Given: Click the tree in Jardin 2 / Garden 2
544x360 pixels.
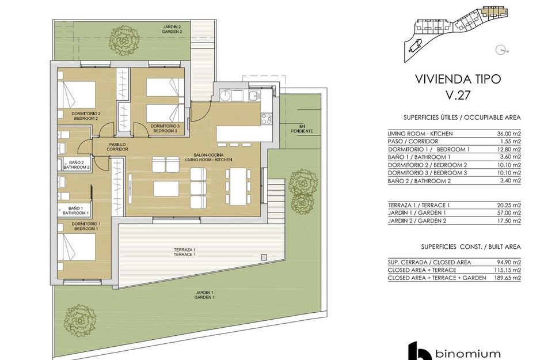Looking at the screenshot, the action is click(124, 40).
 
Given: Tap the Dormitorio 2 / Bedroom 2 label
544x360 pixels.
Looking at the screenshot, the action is click(86, 116).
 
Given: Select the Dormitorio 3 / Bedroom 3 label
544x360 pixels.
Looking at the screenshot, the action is click(165, 128).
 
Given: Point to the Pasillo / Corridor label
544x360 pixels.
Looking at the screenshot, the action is click(117, 147).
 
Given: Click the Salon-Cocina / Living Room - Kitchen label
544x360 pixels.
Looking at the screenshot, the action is click(208, 157).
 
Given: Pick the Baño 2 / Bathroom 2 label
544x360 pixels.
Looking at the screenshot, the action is click(77, 165).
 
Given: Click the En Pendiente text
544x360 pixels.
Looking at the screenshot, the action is click(302, 128).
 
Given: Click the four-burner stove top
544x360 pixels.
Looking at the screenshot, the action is click(267, 119).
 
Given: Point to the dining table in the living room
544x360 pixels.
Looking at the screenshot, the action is click(238, 187).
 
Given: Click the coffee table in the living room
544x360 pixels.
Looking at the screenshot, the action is click(166, 189).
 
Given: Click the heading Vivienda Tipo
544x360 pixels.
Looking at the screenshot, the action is click(458, 79).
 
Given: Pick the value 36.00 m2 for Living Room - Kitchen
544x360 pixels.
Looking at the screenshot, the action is click(509, 134).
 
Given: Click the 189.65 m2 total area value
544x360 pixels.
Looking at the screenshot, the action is click(508, 278).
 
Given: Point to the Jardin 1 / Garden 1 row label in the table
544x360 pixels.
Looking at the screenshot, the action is click(417, 213).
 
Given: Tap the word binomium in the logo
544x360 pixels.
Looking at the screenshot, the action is click(468, 354).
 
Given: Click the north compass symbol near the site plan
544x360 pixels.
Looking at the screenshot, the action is click(500, 50).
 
